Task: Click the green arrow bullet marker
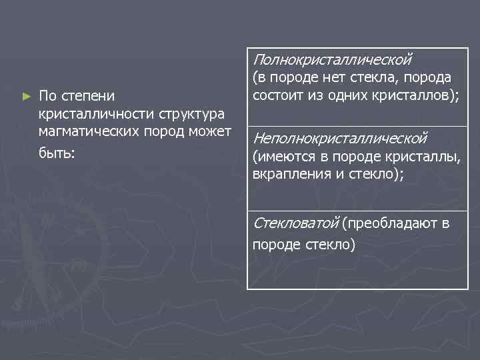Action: pyautogui.click(x=27, y=97)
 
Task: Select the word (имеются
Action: pyautogui.click(x=280, y=157)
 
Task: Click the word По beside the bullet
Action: pyautogui.click(x=47, y=97)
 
